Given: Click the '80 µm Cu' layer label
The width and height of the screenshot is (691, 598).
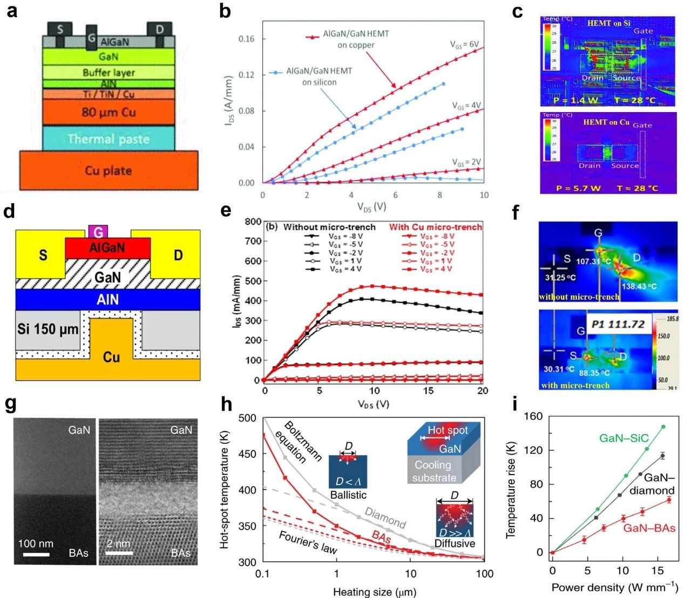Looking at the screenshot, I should tap(109, 112).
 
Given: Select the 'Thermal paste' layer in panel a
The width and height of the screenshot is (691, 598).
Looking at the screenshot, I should tap(109, 139).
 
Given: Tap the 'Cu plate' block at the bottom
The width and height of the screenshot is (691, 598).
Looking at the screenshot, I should tap(109, 170).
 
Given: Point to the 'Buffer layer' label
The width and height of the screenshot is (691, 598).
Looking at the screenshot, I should tap(109, 72).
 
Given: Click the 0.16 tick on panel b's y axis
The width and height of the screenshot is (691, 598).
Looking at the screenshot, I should tap(247, 39).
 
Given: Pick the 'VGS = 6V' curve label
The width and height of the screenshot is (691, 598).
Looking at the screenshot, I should tap(464, 45).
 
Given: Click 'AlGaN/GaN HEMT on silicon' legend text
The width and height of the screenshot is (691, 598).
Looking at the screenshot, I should tap(319, 77).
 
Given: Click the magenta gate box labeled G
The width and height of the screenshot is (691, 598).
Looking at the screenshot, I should tap(98, 232).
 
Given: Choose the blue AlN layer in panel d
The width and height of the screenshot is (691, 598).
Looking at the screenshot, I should tap(107, 299).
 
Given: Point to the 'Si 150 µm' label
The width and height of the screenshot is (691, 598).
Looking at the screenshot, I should tap(48, 329).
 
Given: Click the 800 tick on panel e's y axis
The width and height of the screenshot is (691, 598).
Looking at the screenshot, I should tap(253, 222).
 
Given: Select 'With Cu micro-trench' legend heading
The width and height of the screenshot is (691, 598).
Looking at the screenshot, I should tap(435, 227).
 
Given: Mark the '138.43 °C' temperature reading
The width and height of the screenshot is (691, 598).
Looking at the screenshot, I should tap(639, 286).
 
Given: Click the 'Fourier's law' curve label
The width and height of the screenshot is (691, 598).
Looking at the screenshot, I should tap(308, 542).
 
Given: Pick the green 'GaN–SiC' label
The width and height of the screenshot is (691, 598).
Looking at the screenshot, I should tap(624, 438).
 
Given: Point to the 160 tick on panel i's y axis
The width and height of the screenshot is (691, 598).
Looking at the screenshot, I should tap(535, 416).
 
